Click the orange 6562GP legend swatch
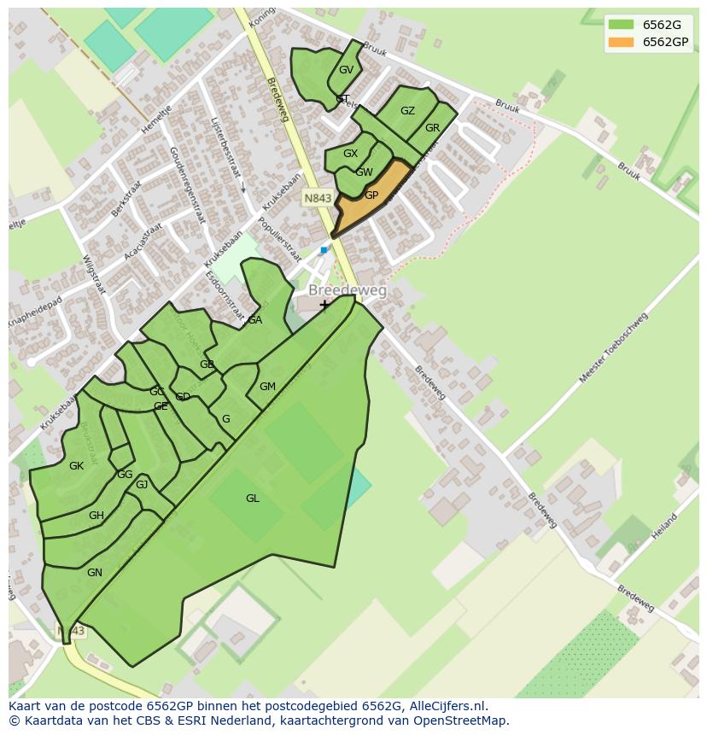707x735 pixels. pos(621,42)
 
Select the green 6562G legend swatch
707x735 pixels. pos(621,25)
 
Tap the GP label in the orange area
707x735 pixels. pos(371,195)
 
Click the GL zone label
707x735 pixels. pos(253,499)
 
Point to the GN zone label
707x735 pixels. pos(95,573)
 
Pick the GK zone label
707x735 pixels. pos(77,466)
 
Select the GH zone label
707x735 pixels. pos(96,516)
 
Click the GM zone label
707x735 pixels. pos(267,387)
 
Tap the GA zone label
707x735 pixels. pos(254,320)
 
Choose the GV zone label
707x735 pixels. pos(346,70)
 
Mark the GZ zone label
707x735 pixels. pos(407,111)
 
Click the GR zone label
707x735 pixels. pos(432,128)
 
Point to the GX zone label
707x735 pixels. pos(350,154)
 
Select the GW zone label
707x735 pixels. pos(365,172)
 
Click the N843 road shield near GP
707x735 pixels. pos(317,198)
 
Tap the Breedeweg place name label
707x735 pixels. pos(347,291)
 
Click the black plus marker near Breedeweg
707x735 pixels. pos(324,305)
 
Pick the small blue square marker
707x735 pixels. pos(324,250)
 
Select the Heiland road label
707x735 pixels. pos(663,525)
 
